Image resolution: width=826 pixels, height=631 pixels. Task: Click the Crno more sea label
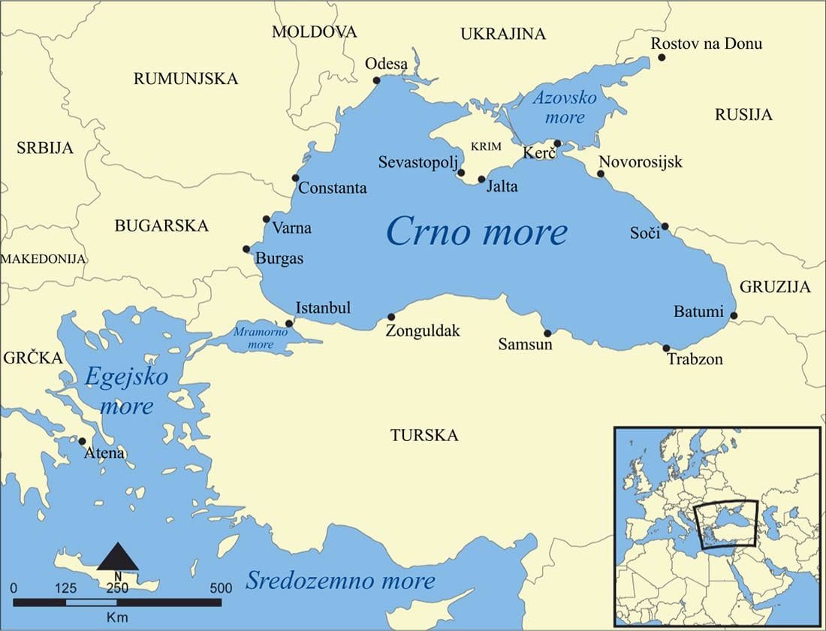click(476, 231)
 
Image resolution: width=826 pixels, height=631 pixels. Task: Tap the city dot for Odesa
click(377, 80)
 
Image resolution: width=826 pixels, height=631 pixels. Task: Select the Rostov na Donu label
click(706, 44)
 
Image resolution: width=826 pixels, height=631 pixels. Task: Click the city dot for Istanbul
click(290, 323)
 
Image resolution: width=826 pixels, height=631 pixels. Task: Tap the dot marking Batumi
click(734, 315)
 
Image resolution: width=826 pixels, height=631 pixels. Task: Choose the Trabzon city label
click(695, 359)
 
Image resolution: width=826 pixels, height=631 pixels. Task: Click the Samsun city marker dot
click(547, 333)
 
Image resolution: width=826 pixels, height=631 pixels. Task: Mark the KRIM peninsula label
click(487, 146)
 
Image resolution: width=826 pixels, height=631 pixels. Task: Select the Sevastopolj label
click(418, 162)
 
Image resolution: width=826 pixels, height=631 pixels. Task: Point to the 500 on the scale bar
click(221, 587)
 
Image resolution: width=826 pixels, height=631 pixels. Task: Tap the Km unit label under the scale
click(117, 616)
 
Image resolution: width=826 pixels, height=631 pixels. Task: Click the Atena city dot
click(82, 441)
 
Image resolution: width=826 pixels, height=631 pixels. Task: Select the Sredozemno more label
click(340, 581)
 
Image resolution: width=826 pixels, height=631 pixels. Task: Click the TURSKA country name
click(424, 436)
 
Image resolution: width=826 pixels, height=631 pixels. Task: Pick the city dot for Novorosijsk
click(601, 174)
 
